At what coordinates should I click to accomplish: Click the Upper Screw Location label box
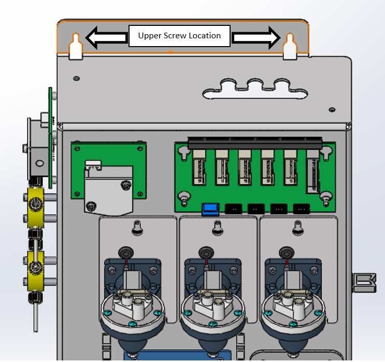(179, 36)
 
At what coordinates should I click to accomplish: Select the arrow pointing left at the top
(107, 38)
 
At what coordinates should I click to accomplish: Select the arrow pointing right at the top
(256, 38)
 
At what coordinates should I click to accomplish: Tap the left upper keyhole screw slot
(76, 47)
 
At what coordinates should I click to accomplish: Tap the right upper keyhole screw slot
(290, 47)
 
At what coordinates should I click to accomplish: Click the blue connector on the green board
(210, 209)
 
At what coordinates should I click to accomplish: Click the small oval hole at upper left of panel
(76, 79)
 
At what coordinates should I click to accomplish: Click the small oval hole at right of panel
(332, 109)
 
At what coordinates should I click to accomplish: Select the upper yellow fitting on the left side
(36, 207)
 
